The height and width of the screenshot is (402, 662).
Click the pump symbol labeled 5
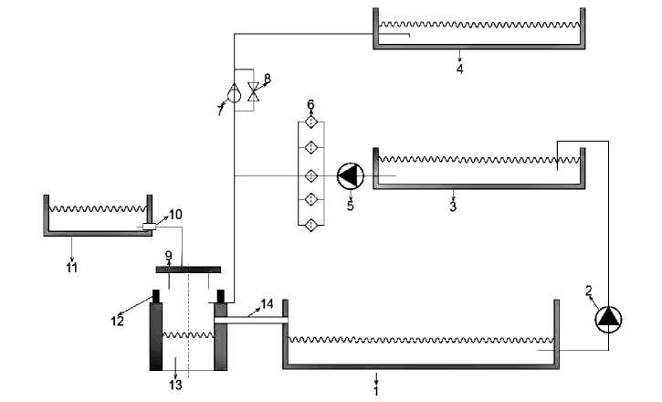[351, 176]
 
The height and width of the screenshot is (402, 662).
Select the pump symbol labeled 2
[608, 319]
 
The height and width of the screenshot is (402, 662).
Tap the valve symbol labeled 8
[254, 91]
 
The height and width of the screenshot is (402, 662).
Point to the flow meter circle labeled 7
[234, 94]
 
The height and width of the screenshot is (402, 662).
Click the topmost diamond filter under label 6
[311, 122]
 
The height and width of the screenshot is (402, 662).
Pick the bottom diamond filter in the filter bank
[311, 225]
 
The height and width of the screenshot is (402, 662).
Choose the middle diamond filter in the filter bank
[311, 175]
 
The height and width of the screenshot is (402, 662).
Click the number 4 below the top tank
[460, 69]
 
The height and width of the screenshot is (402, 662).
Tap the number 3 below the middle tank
[453, 206]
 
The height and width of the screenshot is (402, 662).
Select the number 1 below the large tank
[376, 391]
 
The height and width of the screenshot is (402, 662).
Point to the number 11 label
[72, 268]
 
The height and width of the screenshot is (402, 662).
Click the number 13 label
[175, 385]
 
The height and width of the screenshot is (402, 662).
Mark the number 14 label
[267, 303]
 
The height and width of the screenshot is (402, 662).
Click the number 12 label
[118, 321]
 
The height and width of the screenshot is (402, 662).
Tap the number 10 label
[175, 215]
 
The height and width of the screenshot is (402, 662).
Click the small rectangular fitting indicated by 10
[149, 227]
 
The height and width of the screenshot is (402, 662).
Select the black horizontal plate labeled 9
[188, 270]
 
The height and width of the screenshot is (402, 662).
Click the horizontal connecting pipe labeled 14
[251, 320]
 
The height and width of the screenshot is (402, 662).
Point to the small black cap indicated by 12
[156, 296]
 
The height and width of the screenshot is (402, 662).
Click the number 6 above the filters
[310, 104]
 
